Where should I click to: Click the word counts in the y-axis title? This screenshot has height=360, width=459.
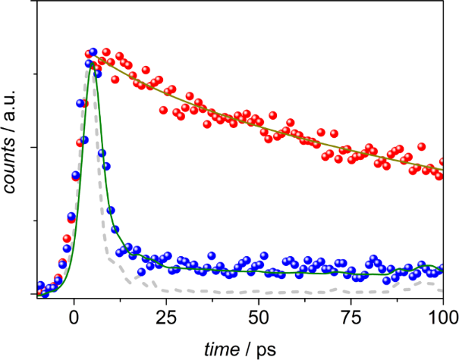(11, 163)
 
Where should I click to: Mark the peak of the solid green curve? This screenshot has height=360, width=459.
(90, 64)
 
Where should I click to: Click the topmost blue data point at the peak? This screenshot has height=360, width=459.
(93, 52)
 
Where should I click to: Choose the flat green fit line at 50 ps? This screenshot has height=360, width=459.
(259, 271)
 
